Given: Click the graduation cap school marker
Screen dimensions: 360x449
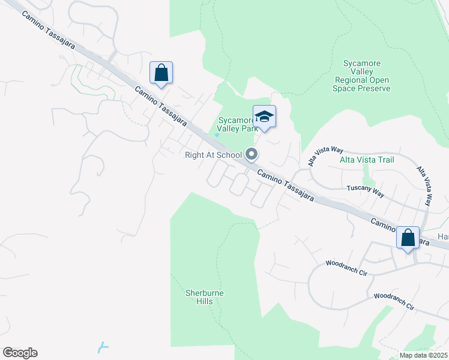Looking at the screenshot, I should tap(264, 116).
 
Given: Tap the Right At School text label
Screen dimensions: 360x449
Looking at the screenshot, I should tap(212, 155).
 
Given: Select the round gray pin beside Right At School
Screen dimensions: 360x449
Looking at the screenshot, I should tap(252, 155).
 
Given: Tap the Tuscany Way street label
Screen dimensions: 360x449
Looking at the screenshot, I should tap(366, 188).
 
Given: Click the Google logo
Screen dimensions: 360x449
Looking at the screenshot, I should tap(20, 353).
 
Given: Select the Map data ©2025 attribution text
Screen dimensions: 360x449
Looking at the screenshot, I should tap(424, 355).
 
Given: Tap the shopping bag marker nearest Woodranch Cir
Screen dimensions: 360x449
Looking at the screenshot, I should tap(408, 238).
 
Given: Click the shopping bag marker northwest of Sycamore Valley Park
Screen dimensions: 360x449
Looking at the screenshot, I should tap(161, 73).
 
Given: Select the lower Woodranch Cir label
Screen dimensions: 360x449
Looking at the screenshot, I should tap(394, 301).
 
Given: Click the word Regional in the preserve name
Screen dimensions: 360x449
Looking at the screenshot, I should tap(361, 80).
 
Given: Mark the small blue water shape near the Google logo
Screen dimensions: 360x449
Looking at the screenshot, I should tap(103, 346).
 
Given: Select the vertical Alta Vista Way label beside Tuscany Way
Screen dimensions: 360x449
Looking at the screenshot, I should tap(424, 185).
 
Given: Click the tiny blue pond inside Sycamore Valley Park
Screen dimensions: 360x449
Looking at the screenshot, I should tap(217, 135).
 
